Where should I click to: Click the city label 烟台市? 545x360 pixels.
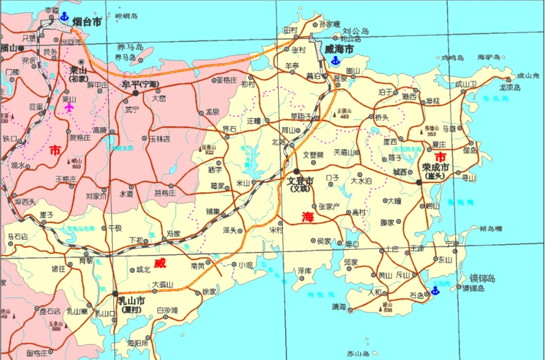(x=87, y=22)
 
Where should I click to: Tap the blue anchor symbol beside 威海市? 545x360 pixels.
(x=335, y=61)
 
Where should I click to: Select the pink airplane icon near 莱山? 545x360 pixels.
(x=69, y=107)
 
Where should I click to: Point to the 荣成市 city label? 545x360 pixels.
(x=436, y=167)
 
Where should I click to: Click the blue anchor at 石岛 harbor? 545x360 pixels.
(x=434, y=291)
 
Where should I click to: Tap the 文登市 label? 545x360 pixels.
(x=300, y=181)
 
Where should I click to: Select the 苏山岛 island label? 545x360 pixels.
(x=358, y=354)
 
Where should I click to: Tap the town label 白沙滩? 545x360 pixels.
(x=166, y=310)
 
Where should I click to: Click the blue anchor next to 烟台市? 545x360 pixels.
(x=63, y=16)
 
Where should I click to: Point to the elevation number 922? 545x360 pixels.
(x=210, y=153)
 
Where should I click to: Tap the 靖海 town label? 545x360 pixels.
(x=339, y=307)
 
